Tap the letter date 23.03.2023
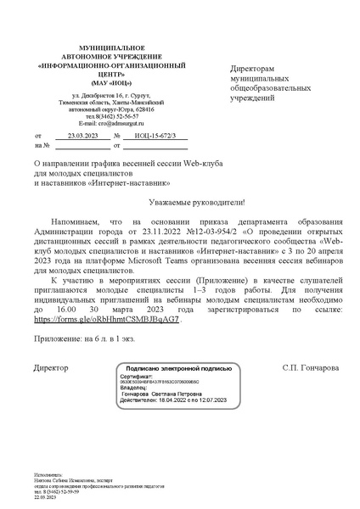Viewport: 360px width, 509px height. pos(82,136)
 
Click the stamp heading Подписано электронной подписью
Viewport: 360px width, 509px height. pos(178,345)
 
